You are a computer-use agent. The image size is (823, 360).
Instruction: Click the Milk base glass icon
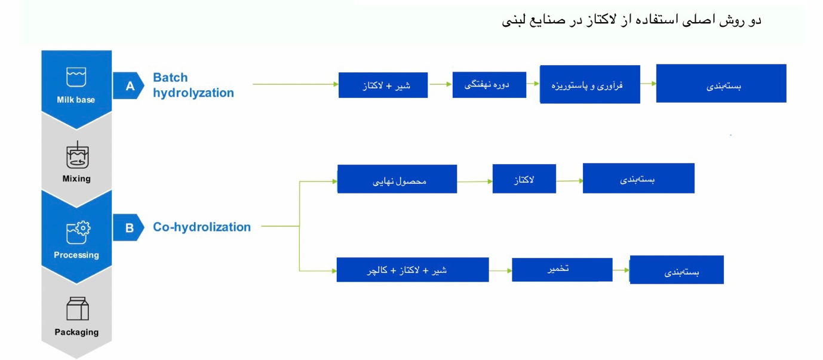click(76, 77)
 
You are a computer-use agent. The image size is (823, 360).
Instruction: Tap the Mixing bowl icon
click(77, 155)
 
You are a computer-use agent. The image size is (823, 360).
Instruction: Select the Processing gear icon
click(78, 232)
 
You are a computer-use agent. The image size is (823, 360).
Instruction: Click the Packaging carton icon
click(78, 309)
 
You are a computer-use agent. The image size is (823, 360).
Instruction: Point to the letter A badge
click(128, 85)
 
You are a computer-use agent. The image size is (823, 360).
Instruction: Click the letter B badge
click(128, 227)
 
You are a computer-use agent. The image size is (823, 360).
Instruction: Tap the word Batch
click(170, 78)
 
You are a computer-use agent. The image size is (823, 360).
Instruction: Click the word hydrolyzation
click(194, 93)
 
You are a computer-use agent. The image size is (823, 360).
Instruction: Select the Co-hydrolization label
click(202, 227)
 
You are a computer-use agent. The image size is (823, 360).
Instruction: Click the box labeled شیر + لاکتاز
click(383, 85)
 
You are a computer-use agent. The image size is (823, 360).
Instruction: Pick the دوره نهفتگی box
click(489, 85)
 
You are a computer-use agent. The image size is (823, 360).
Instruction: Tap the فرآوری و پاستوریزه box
click(589, 85)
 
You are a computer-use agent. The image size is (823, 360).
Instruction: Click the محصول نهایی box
click(397, 179)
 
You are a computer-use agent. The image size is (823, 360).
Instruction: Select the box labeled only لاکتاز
click(524, 179)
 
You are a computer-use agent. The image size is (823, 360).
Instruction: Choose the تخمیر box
click(562, 270)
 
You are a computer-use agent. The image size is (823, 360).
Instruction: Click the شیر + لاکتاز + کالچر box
click(413, 270)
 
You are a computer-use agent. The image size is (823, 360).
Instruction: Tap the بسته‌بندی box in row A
click(721, 84)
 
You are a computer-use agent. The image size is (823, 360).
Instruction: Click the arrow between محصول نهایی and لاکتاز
click(475, 181)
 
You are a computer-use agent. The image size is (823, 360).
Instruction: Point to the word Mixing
click(76, 179)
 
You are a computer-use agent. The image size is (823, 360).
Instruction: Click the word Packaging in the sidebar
click(76, 332)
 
